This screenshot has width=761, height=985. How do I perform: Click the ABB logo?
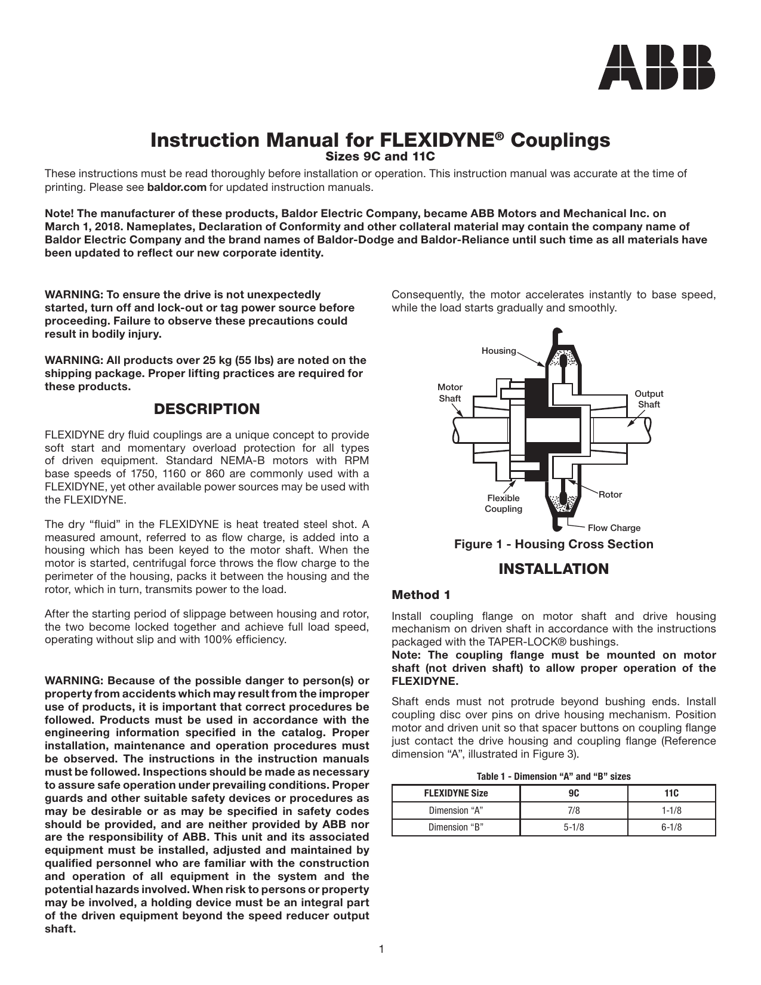click(x=657, y=67)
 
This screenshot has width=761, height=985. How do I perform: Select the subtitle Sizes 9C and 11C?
click(x=380, y=157)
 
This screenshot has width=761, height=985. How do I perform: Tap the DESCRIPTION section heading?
click(x=207, y=409)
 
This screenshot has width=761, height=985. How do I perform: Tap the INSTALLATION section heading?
click(x=553, y=569)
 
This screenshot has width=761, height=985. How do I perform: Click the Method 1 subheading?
click(x=421, y=595)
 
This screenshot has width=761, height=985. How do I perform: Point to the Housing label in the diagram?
click(x=498, y=351)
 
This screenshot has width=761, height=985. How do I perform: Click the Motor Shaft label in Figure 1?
click(x=449, y=393)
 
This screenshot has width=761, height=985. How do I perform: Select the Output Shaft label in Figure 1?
click(x=648, y=399)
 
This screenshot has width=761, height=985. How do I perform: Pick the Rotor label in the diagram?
click(x=610, y=495)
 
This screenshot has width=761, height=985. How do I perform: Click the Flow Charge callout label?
click(x=614, y=528)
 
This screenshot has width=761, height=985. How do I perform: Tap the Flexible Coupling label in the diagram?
click(x=503, y=504)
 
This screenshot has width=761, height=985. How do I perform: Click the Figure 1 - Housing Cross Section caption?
click(x=553, y=544)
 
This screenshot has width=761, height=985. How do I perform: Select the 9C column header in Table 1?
click(x=574, y=793)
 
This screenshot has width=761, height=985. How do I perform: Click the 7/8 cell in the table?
click(x=574, y=810)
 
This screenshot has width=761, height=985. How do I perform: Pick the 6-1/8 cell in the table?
click(x=671, y=827)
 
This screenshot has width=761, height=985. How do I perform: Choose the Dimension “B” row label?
click(x=456, y=827)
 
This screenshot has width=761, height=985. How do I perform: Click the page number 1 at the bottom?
click(x=381, y=949)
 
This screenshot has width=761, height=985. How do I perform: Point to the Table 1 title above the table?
click(x=553, y=777)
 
